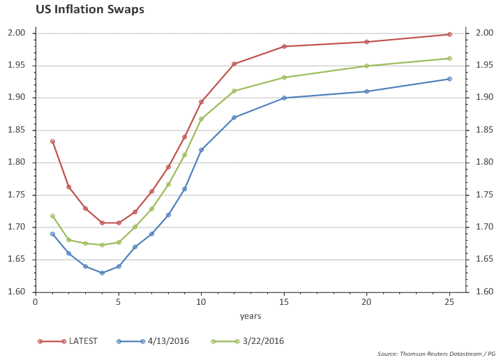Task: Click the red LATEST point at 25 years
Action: pyautogui.click(x=449, y=34)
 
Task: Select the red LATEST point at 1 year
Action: pyautogui.click(x=52, y=142)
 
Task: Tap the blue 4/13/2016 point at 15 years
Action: pyautogui.click(x=284, y=98)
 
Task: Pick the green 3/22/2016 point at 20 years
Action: pyautogui.click(x=367, y=66)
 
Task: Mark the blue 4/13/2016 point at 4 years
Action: pyautogui.click(x=102, y=273)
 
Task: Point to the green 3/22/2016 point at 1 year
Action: pyautogui.click(x=52, y=216)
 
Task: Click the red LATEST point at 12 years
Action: pyautogui.click(x=234, y=64)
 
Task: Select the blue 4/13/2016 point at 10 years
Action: pyautogui.click(x=201, y=150)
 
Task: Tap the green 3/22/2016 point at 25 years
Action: pyautogui.click(x=449, y=59)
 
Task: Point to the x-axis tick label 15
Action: pyautogui.click(x=284, y=303)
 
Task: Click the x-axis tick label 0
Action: pyautogui.click(x=36, y=303)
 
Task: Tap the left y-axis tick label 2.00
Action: pyautogui.click(x=17, y=33)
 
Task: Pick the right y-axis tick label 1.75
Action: pyautogui.click(x=484, y=195)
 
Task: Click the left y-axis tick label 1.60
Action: pyautogui.click(x=17, y=292)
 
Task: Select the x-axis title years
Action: pyautogui.click(x=250, y=316)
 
